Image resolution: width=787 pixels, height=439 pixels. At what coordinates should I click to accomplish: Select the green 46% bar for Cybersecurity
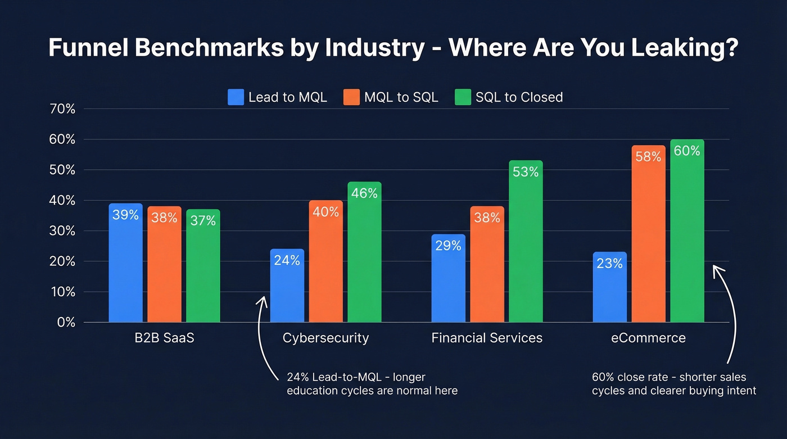[x=364, y=252]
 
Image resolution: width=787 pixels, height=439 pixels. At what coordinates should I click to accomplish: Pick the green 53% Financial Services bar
[x=526, y=242]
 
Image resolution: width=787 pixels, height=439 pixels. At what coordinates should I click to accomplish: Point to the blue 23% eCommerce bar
[x=609, y=287]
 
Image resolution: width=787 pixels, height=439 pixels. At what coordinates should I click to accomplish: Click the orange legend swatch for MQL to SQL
[x=351, y=97]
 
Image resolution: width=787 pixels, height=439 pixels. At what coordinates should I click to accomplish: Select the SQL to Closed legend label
[x=519, y=97]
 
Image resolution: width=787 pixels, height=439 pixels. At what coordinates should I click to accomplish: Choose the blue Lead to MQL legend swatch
[x=236, y=97]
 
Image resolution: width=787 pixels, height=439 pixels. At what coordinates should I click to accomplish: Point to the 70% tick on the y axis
[x=62, y=109]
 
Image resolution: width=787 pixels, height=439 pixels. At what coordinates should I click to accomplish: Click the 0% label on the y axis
[x=66, y=323]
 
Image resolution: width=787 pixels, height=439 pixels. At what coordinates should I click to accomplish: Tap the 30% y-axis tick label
[x=62, y=231]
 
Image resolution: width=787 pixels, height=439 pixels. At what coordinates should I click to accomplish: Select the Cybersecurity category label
[x=325, y=338]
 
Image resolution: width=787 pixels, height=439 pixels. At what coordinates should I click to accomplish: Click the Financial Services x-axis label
[x=487, y=338]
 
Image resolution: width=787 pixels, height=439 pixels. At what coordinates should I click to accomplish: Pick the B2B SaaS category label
[x=164, y=338]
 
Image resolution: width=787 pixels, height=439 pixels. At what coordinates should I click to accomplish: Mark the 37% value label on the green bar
[x=203, y=221]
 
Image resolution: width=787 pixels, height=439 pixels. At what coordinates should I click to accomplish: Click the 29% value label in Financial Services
[x=448, y=246]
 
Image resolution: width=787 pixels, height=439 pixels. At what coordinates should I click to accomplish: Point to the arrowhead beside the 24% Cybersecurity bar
[x=262, y=300]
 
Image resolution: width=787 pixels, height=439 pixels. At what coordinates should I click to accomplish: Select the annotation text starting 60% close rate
[x=674, y=383]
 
